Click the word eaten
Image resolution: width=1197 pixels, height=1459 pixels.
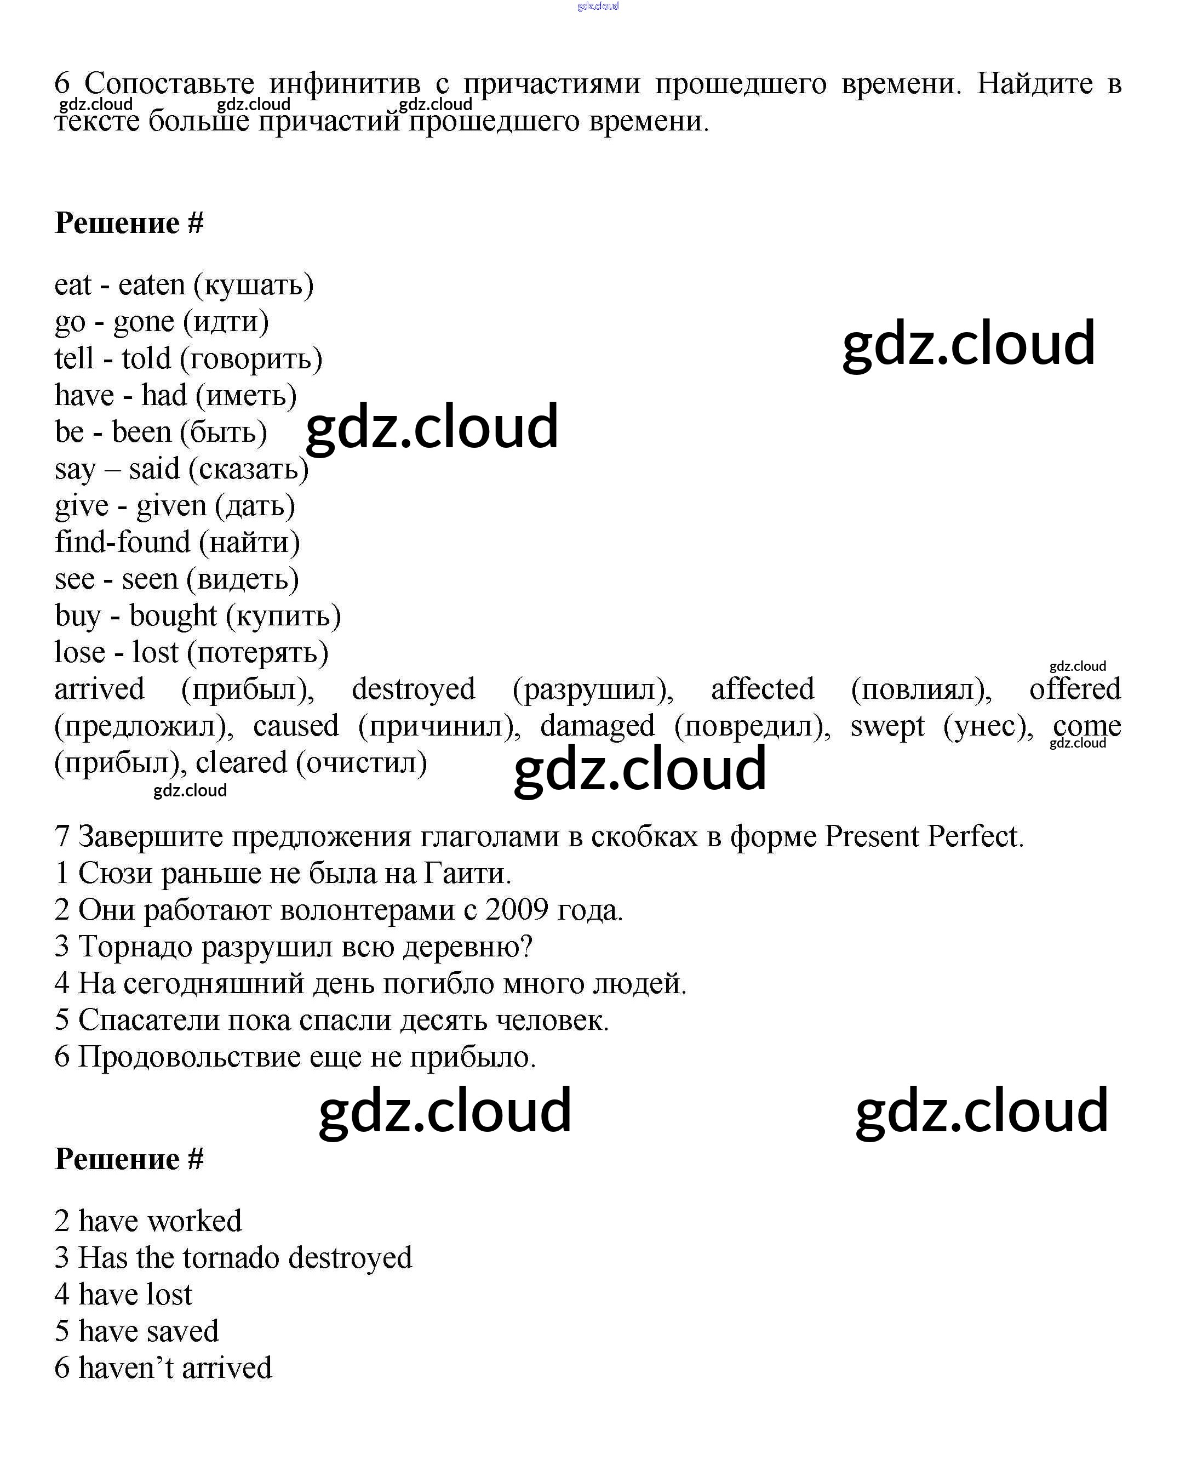(152, 285)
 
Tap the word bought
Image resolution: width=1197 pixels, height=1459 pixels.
(173, 616)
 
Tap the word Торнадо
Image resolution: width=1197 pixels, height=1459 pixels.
(136, 947)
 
